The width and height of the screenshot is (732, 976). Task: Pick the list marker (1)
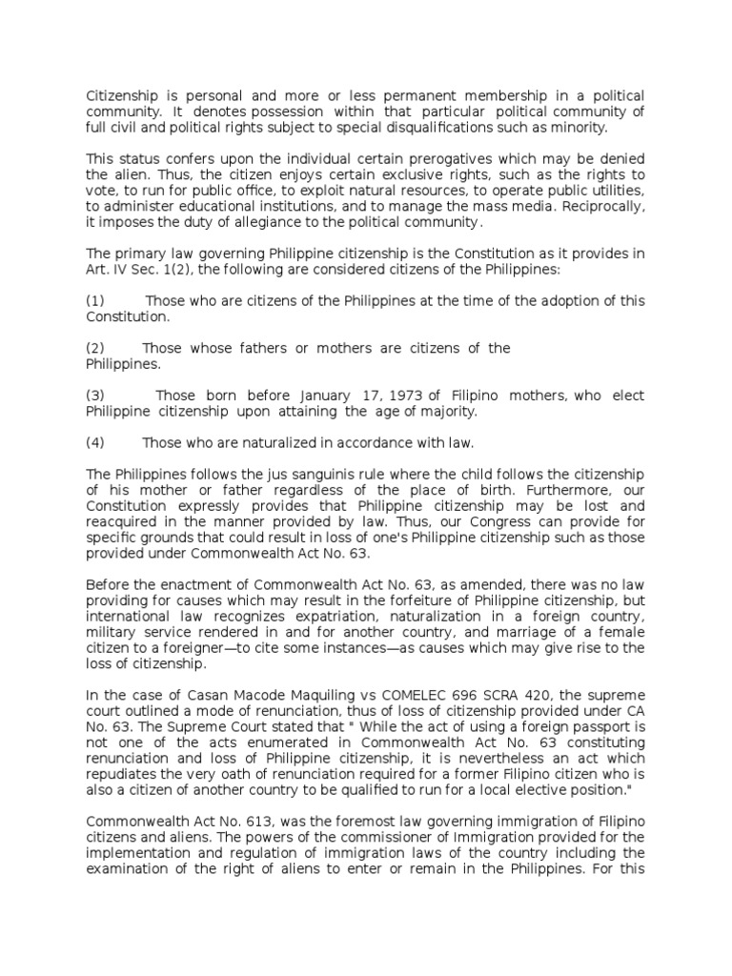pos(95,301)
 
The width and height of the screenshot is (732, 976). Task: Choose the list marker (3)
pos(95,396)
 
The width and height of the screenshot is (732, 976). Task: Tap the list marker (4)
pos(95,443)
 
